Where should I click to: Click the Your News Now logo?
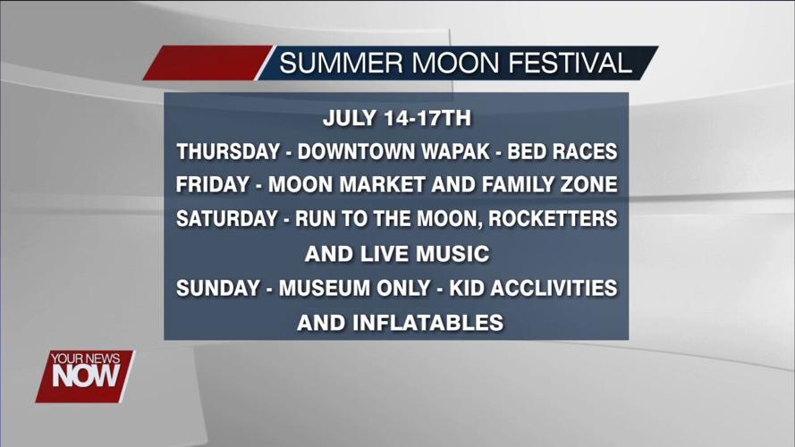pyautogui.click(x=84, y=375)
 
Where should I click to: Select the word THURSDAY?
pyautogui.click(x=228, y=152)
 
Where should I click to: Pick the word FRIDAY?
pyautogui.click(x=213, y=186)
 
